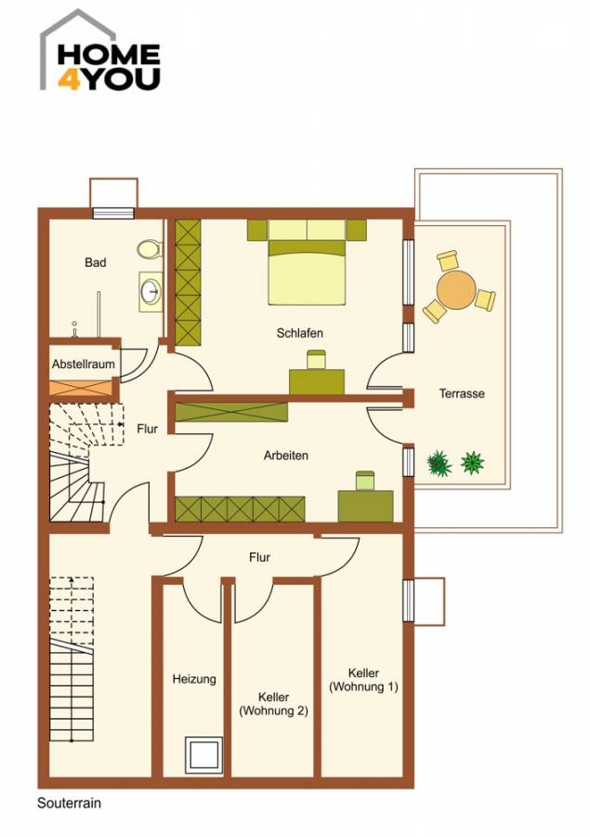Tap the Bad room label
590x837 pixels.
95,263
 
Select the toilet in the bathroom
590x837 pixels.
147,249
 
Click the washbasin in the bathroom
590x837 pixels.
149,291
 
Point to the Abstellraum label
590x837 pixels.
83,365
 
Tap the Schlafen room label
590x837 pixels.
299,333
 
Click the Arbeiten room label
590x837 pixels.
285,456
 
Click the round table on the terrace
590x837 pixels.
456,290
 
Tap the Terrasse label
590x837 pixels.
462,393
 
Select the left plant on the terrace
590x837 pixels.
438,462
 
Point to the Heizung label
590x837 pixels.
193,679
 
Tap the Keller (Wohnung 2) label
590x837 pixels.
273,704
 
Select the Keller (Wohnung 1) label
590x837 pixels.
363,680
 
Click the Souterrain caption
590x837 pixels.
70,804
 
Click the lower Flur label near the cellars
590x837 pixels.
259,557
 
